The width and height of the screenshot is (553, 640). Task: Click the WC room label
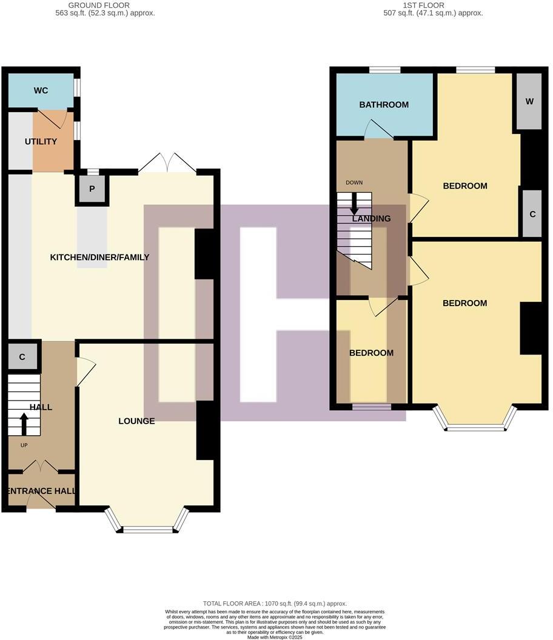pos(41,91)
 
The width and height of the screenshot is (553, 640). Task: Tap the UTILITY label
pos(41,142)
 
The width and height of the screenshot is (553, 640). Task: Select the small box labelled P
pos(92,189)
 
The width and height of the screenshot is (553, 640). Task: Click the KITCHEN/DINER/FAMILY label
pos(99,258)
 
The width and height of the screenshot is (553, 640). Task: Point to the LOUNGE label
pos(136,421)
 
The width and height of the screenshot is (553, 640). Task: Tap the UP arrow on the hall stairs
pos(24,424)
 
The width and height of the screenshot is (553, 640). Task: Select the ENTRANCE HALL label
pos(41,491)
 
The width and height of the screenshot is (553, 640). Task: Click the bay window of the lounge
pos(147,528)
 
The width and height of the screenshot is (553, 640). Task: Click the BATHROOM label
pos(384,105)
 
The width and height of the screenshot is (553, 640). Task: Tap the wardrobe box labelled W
pos(529,102)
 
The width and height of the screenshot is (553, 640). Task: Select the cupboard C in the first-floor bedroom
pos(532,214)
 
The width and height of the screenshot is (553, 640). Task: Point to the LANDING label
pos(370,219)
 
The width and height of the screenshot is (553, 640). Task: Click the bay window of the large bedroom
pos(475,427)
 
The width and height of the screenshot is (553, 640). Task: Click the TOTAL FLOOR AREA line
pos(275,604)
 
